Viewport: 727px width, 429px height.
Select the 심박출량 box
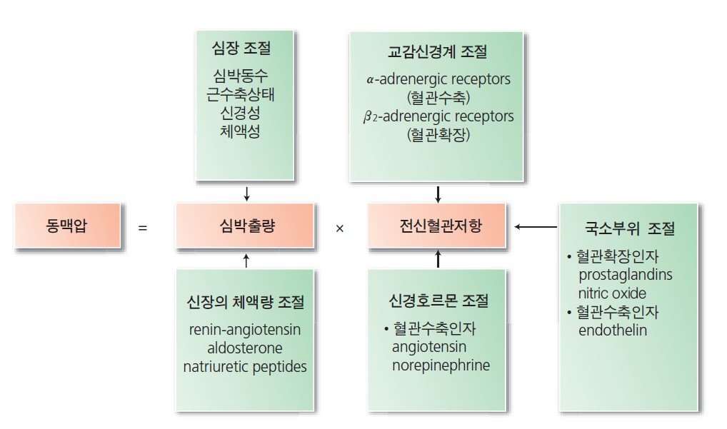[x=245, y=227]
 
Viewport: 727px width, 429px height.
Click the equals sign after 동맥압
[x=143, y=228]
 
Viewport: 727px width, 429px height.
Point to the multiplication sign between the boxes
[x=340, y=228]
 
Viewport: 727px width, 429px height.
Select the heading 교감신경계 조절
[x=438, y=52]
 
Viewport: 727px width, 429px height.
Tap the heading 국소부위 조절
[x=628, y=230]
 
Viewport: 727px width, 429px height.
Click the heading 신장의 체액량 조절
[x=245, y=302]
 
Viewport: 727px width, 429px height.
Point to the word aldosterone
[x=245, y=348]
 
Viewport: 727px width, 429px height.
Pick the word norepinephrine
[x=441, y=365]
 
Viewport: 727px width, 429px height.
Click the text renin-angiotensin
[x=245, y=330]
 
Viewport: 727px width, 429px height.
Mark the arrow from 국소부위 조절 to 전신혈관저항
[x=536, y=227]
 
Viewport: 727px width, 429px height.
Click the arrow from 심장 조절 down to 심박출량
[x=246, y=193]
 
